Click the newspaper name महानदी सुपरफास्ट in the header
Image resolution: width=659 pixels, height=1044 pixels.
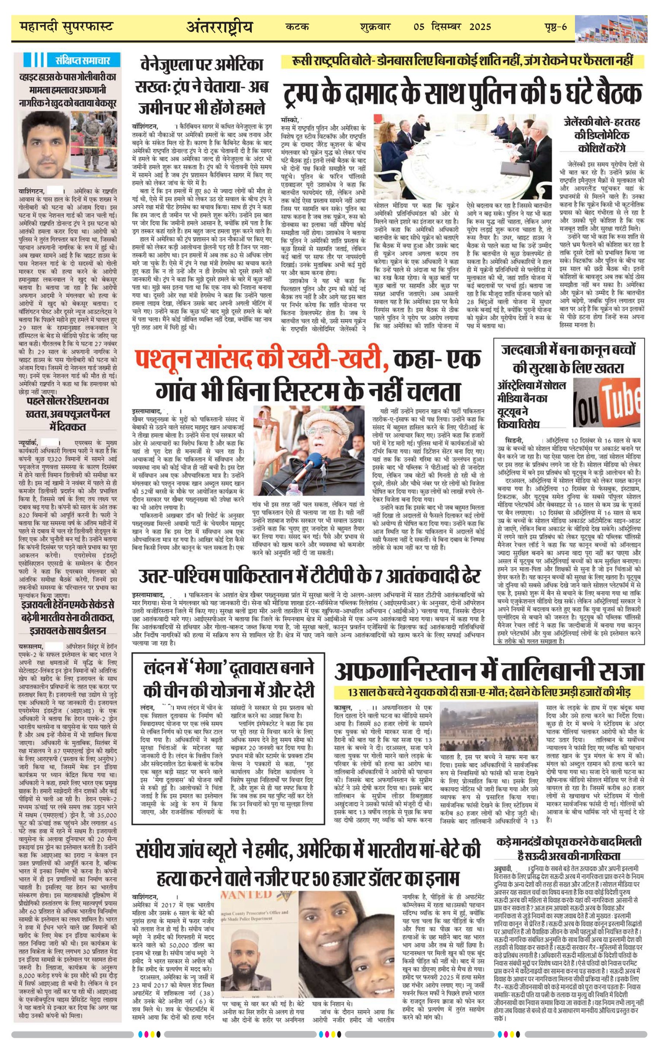click(x=66, y=27)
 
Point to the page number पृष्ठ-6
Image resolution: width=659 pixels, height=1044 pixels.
click(x=556, y=27)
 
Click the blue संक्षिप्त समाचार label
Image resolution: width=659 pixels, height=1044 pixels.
click(x=83, y=60)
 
